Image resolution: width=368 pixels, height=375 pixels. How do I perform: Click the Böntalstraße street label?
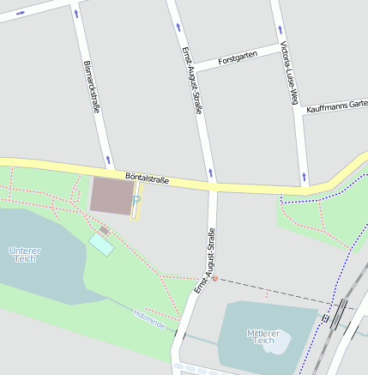[x=147, y=178]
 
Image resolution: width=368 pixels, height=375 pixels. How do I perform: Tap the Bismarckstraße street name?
[x=92, y=87]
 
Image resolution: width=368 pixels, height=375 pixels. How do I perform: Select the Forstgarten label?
[x=238, y=60]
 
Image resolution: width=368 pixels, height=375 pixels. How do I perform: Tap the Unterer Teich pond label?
[x=25, y=255]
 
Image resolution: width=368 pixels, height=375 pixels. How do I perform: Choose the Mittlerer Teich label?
[x=264, y=336]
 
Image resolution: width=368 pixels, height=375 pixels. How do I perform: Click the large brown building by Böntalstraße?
[x=110, y=194]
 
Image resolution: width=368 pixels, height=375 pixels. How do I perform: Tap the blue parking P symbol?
[x=136, y=199]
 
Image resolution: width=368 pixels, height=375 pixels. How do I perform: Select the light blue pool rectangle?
[x=101, y=245]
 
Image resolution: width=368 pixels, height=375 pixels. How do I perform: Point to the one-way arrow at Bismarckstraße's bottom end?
[x=108, y=160]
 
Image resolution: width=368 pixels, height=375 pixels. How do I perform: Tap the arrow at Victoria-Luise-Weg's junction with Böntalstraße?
[x=304, y=179]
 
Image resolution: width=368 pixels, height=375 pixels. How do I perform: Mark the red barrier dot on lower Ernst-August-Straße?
[x=214, y=278]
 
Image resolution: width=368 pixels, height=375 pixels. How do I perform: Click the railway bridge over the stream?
[x=325, y=318]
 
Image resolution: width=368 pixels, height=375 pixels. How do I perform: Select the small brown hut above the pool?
[x=104, y=230]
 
